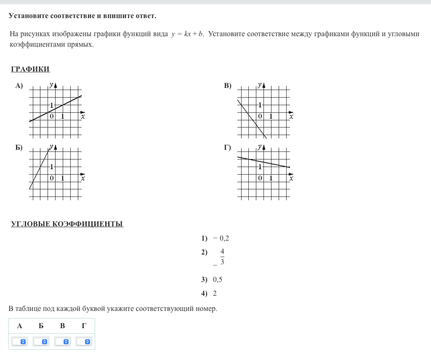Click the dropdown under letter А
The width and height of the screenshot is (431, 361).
click(20, 342)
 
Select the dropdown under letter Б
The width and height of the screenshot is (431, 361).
click(41, 342)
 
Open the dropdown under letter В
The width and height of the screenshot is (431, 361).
click(63, 342)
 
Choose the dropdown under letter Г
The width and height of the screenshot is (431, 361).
click(84, 342)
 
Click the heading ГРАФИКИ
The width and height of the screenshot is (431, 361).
click(30, 69)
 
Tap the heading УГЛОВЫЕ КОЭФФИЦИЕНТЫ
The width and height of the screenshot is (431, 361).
click(67, 224)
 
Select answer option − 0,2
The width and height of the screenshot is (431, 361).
click(221, 239)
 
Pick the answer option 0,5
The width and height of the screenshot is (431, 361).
click(218, 280)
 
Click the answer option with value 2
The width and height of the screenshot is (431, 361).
click(215, 294)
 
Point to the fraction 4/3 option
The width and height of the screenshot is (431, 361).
click(222, 257)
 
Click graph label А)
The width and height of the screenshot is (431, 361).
click(19, 86)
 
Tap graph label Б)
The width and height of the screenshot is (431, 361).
click(19, 148)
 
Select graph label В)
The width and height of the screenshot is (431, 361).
click(228, 86)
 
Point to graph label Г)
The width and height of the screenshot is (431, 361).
click(228, 148)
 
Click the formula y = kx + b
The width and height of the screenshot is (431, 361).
click(187, 34)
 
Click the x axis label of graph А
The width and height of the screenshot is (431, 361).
click(83, 117)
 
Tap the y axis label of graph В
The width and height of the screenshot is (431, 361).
click(260, 85)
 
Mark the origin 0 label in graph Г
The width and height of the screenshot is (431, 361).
click(260, 178)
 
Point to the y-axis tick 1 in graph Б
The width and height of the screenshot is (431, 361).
click(51, 167)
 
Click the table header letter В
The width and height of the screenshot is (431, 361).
click(63, 326)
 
